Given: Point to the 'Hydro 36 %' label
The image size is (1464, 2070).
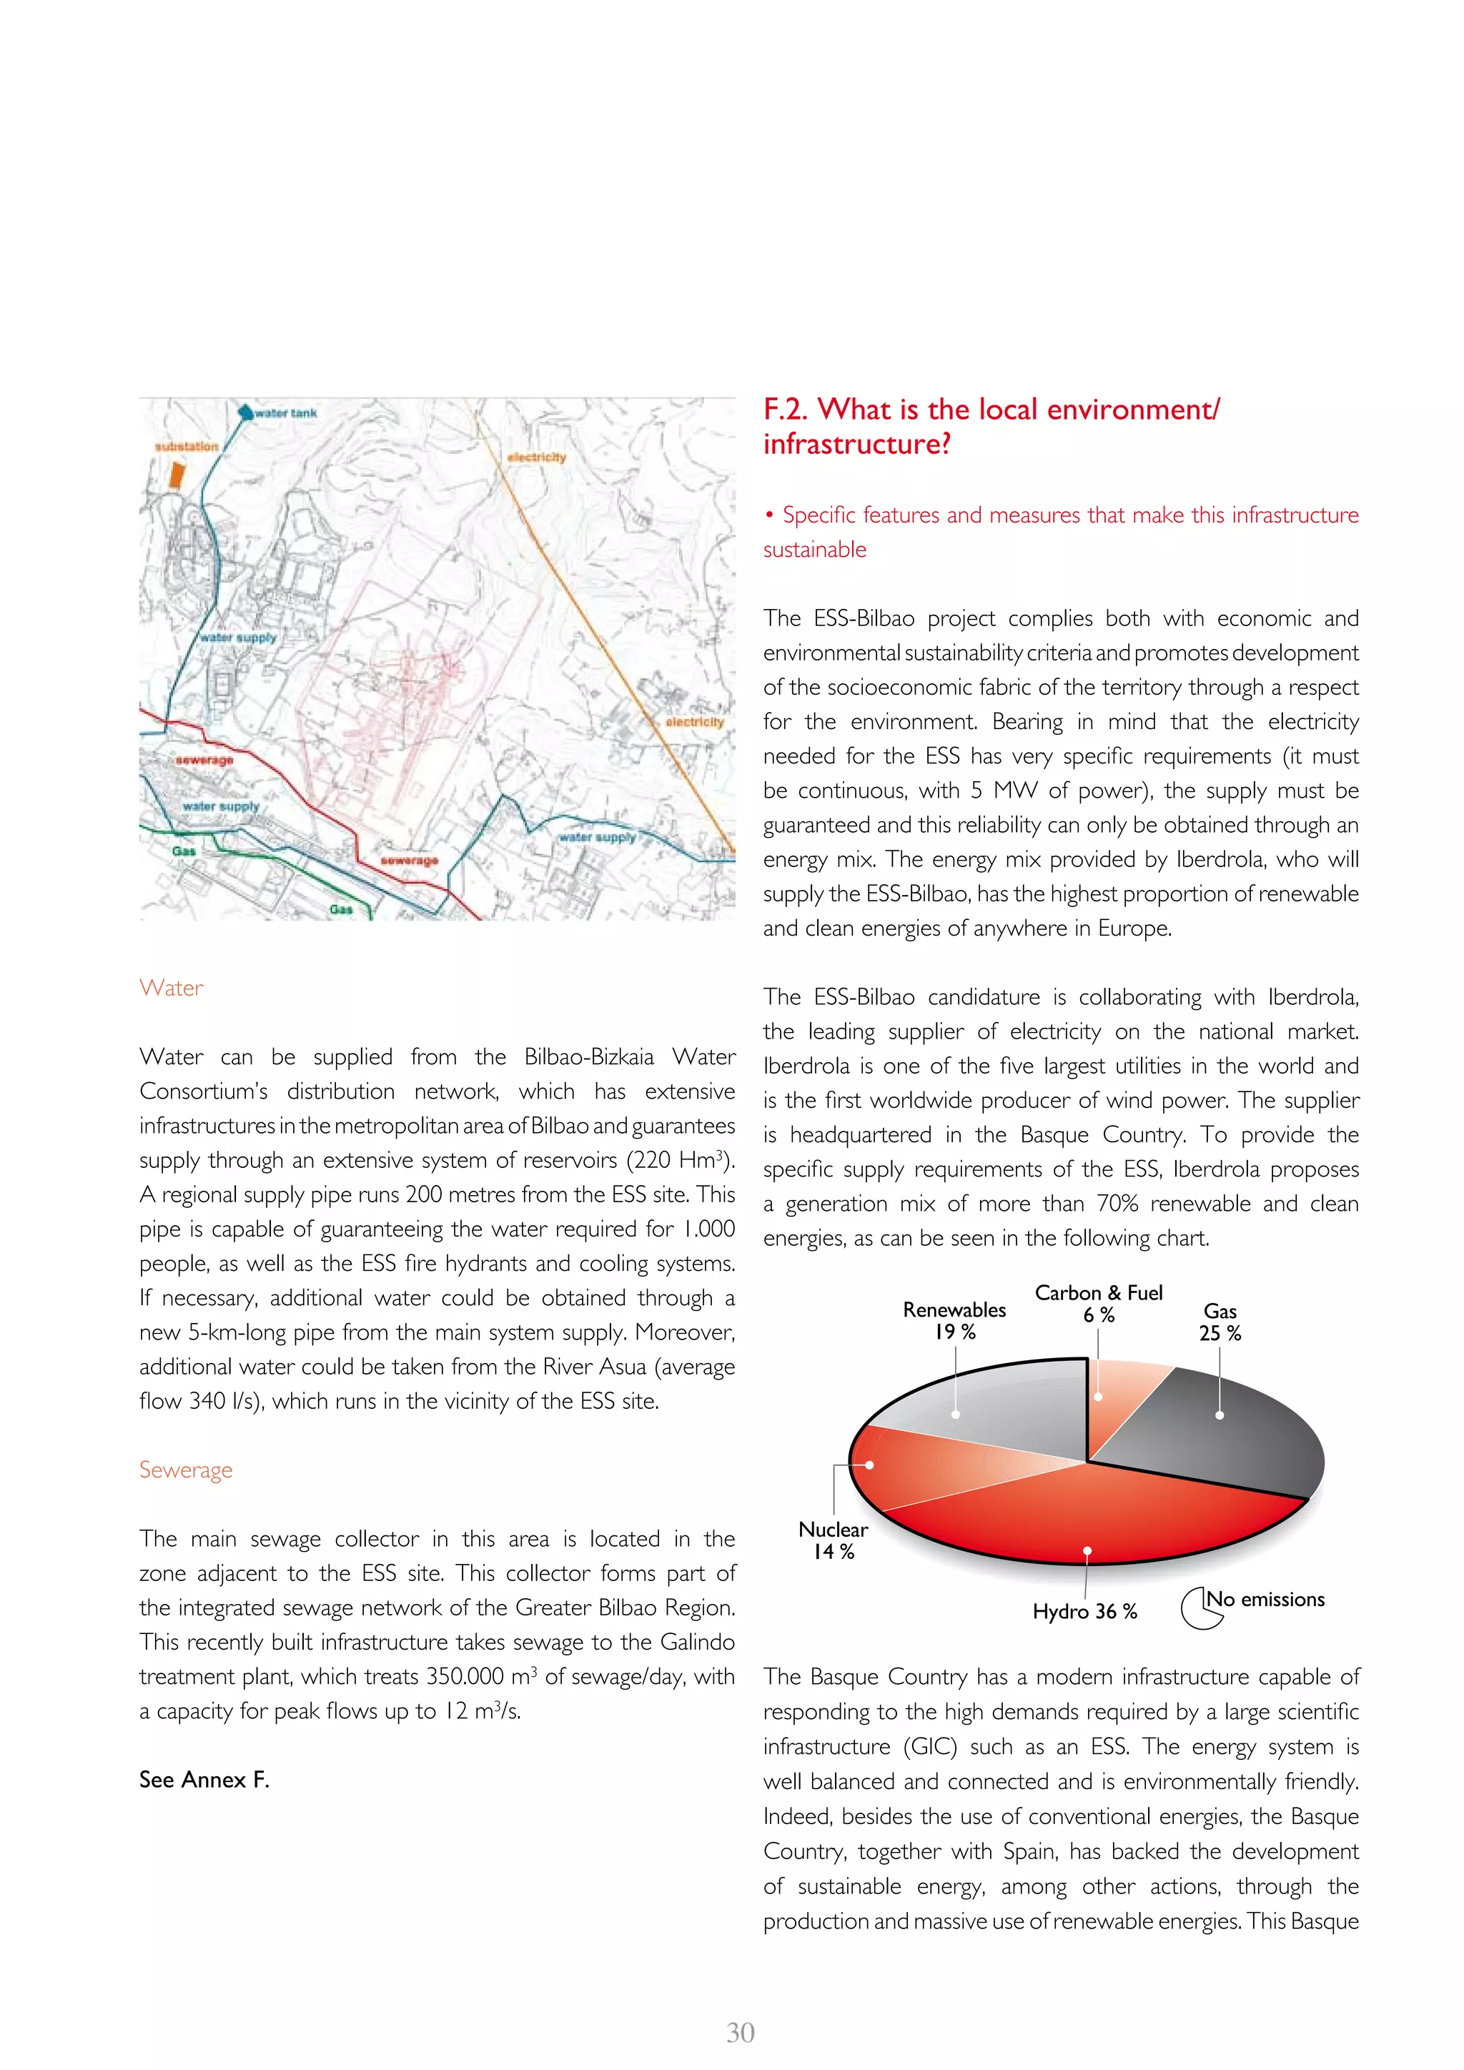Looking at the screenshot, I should pyautogui.click(x=1084, y=1611).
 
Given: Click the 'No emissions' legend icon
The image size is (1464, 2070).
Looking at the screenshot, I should pyautogui.click(x=1201, y=1608).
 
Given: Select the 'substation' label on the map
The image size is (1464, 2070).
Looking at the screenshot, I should pyautogui.click(x=187, y=446).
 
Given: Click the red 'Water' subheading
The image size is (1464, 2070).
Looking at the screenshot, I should pyautogui.click(x=172, y=988).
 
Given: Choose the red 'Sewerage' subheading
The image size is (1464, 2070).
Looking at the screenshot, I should pyautogui.click(x=186, y=1470).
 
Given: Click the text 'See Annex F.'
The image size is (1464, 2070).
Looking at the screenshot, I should pyautogui.click(x=204, y=1780).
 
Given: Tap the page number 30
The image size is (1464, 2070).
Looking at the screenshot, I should pyautogui.click(x=740, y=2032).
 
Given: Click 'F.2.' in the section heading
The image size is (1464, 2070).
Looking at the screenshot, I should pyautogui.click(x=786, y=410).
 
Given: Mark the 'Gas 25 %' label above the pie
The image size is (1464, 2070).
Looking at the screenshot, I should pyautogui.click(x=1220, y=1322).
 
